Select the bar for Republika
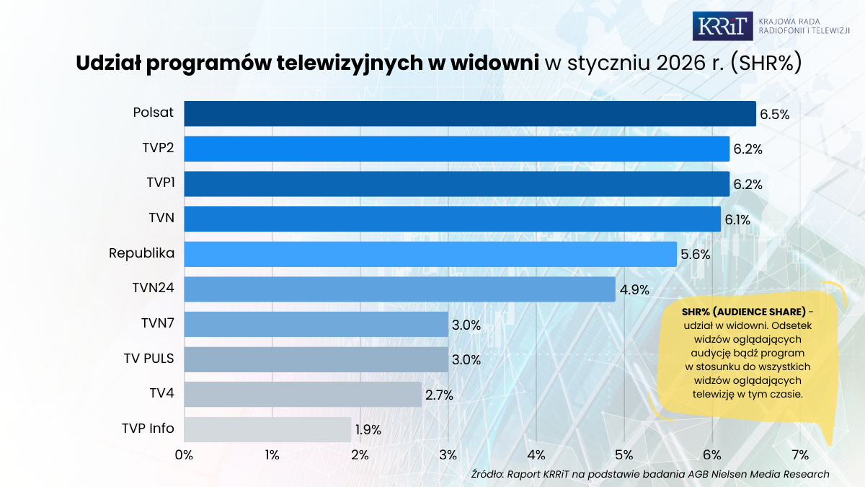(x=430, y=254)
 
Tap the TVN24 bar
(x=399, y=289)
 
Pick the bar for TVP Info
(x=267, y=429)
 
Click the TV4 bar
(x=303, y=395)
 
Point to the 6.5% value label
(x=775, y=114)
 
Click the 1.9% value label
(x=368, y=430)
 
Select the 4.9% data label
(x=634, y=290)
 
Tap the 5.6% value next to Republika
(x=696, y=255)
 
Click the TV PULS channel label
(x=148, y=358)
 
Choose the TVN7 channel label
(x=158, y=323)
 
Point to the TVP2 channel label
(x=158, y=149)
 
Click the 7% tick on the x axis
(x=800, y=455)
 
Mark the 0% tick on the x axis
(x=184, y=455)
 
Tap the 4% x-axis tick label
(x=536, y=455)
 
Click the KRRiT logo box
(x=722, y=26)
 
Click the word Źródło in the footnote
(x=487, y=474)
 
